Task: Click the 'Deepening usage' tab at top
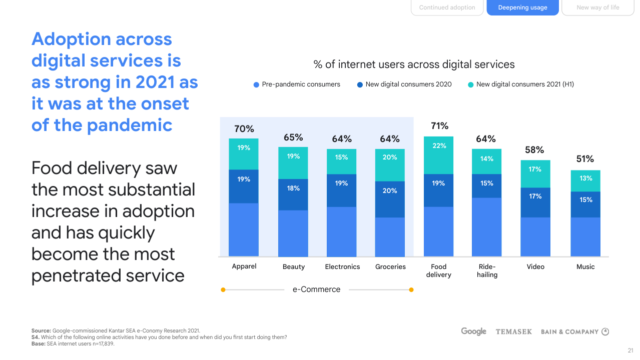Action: click(x=522, y=7)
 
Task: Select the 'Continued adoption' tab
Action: click(x=447, y=7)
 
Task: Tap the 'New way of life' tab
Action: click(x=597, y=7)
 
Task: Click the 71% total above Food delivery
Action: click(x=439, y=126)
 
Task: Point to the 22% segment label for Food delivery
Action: click(x=439, y=145)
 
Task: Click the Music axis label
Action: click(x=585, y=266)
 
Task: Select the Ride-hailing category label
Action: click(x=487, y=270)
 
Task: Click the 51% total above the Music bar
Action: click(x=584, y=159)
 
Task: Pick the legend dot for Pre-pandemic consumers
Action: click(x=256, y=84)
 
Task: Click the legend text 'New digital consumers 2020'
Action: click(x=408, y=84)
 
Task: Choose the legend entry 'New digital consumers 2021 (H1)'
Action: click(x=525, y=84)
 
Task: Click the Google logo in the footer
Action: click(x=473, y=331)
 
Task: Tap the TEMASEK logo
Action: click(x=513, y=331)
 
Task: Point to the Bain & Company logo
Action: click(x=574, y=331)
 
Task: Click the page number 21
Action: click(x=630, y=350)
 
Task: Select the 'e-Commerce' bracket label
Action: click(x=316, y=289)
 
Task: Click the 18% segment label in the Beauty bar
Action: click(x=293, y=188)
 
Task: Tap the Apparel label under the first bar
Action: click(x=244, y=266)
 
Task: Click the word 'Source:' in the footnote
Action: click(x=41, y=330)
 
